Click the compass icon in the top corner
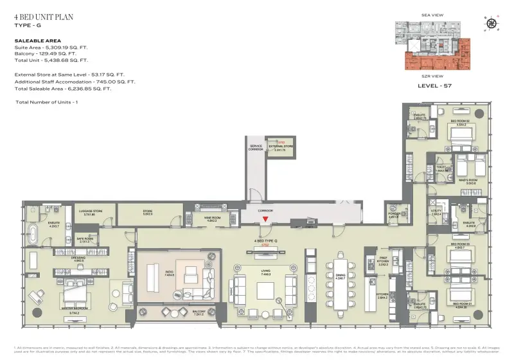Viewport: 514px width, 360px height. point(492,24)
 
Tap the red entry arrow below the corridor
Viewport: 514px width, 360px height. point(265,221)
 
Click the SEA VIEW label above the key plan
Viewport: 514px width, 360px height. point(433,14)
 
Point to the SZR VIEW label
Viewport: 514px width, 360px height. point(432,76)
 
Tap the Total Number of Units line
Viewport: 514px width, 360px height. point(47,103)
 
